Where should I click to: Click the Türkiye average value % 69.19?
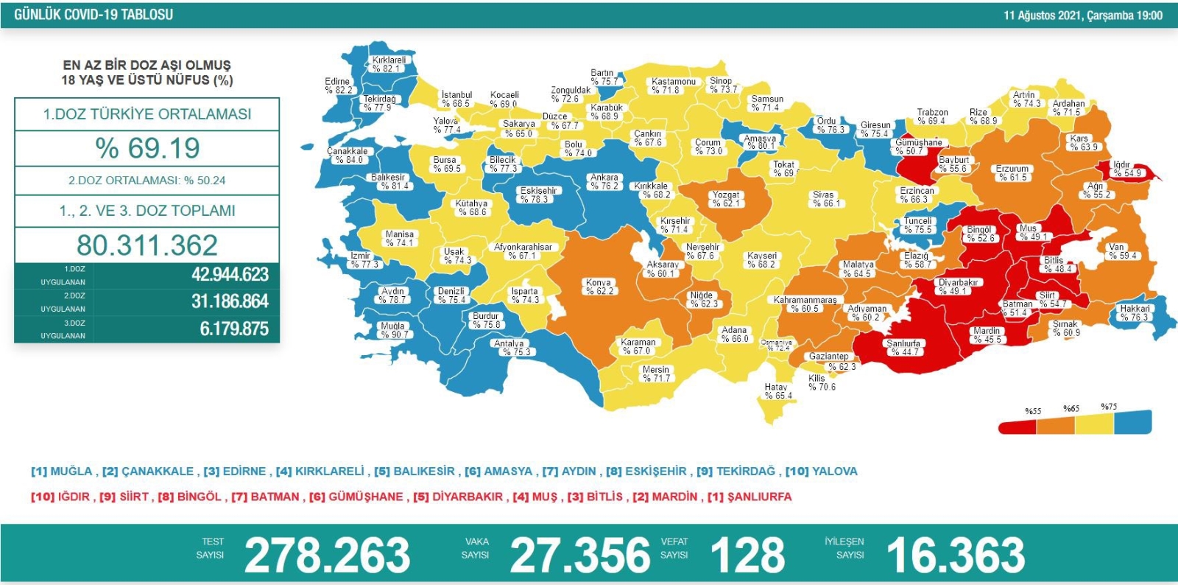coord(147,148)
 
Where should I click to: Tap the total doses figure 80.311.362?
coord(147,245)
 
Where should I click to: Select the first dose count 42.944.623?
coord(230,275)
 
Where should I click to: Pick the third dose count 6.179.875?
coord(233,329)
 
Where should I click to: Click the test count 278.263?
coord(327,556)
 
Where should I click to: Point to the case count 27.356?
coord(580,556)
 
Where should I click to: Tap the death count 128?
coord(747,556)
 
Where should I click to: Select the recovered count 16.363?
coord(956,556)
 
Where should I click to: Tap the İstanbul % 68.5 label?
coord(456,99)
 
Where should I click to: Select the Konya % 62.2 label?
coord(599,287)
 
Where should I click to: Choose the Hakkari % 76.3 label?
coord(1134,312)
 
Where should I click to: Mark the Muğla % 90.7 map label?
coord(393,330)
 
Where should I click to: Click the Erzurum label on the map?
coord(1012,173)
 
